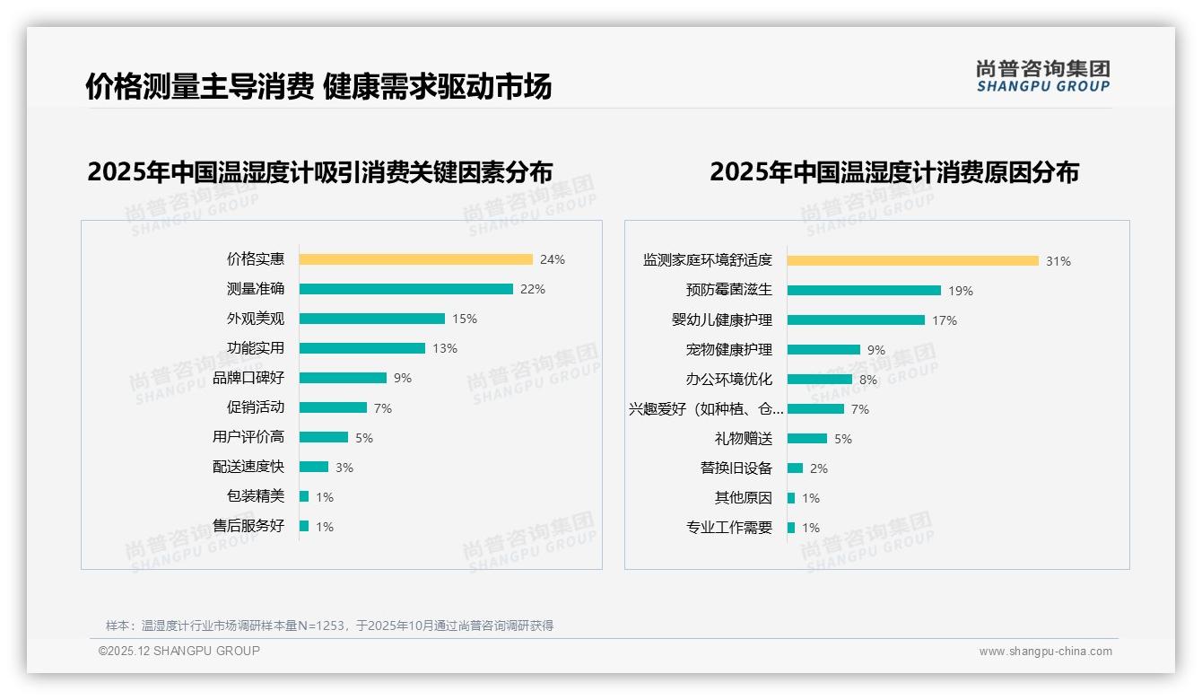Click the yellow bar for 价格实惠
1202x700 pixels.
coord(415,259)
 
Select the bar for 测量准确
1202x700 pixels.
coord(405,289)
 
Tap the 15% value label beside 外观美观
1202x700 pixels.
coord(465,319)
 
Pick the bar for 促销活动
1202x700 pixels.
coord(333,407)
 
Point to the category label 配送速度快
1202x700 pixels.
coord(248,467)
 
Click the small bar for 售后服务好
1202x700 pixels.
coord(304,526)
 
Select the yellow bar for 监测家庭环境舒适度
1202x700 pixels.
coord(912,261)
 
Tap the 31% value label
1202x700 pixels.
coord(1058,261)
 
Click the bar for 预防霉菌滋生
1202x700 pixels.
coord(864,291)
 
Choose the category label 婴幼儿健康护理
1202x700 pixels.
coord(722,320)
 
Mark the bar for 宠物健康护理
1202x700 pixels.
coord(823,350)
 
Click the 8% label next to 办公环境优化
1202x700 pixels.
coord(868,380)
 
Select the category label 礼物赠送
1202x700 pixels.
coord(744,439)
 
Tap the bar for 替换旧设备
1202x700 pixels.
coord(795,468)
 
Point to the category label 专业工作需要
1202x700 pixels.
coord(729,528)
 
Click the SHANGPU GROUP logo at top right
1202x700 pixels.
coord(1042,76)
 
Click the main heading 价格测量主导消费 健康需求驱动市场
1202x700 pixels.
coord(318,86)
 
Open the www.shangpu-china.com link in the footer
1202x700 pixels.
coord(1045,652)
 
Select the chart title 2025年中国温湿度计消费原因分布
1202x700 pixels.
coord(894,171)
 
